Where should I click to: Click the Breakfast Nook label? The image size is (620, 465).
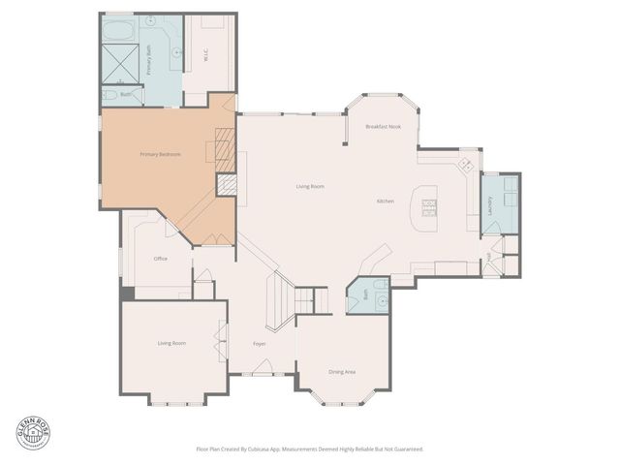(383, 127)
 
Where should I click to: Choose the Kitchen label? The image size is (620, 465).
(385, 201)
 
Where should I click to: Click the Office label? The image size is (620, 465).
(161, 259)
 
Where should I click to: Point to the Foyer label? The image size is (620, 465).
(260, 344)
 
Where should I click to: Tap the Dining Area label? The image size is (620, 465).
(342, 371)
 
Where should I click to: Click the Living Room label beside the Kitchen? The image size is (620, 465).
(310, 186)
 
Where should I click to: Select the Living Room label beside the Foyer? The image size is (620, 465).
(171, 343)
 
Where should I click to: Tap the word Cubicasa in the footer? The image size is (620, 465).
(249, 449)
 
